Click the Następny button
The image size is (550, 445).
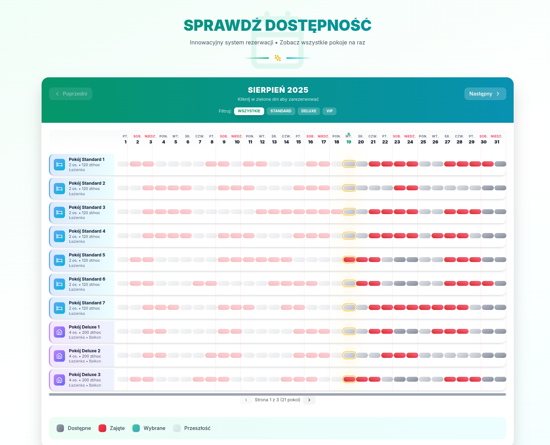pos(485,94)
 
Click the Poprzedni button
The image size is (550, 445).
pos(71,94)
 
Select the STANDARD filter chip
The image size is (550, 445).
pos(281,111)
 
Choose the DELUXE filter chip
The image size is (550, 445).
pos(309,111)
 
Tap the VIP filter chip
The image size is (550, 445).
pos(330,111)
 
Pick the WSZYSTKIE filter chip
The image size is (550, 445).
pos(249,111)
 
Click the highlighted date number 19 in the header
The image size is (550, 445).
pos(349,142)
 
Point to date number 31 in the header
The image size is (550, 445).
pos(497,142)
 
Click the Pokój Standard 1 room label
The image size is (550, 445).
pos(87,160)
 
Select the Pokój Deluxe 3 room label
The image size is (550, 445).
pos(85,375)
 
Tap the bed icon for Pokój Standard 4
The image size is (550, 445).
pos(59,236)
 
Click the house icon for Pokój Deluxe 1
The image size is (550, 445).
pos(59,332)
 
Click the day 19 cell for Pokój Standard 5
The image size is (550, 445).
pos(349,260)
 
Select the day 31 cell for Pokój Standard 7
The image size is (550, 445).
pos(500,308)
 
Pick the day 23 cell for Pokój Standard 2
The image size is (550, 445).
pos(400,188)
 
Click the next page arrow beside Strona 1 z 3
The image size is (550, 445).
pos(309,400)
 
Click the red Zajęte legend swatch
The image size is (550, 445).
pos(102,428)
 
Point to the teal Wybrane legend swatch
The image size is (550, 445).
pos(136,428)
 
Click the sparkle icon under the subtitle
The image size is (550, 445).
pos(278,58)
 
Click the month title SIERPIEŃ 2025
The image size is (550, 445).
pos(278,90)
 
